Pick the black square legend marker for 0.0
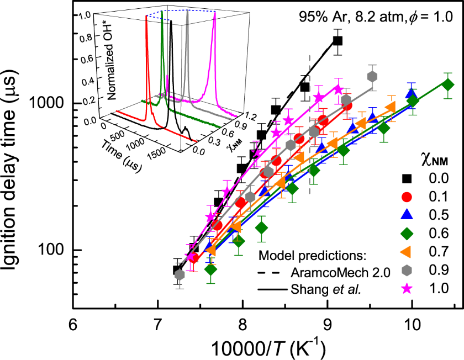[408, 178]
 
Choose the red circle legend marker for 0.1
[408, 196]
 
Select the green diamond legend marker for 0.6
[408, 232]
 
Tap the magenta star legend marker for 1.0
[408, 287]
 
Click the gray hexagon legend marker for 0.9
[408, 269]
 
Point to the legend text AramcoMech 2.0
[327, 273]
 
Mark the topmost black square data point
[338, 40]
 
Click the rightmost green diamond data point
[448, 84]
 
